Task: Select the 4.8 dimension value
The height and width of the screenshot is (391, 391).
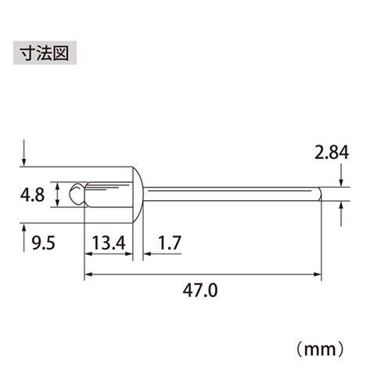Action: click(x=34, y=193)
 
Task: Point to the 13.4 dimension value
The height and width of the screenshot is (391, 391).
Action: click(x=108, y=244)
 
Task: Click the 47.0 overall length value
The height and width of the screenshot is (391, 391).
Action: click(x=202, y=290)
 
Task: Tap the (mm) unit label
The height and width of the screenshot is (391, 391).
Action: click(x=321, y=343)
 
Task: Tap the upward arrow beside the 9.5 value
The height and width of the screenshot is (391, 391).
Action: click(x=26, y=232)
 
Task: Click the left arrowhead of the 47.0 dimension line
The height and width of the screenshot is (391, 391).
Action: click(x=88, y=274)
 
